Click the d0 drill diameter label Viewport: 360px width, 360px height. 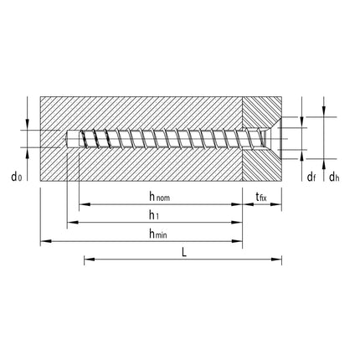[x=15, y=177]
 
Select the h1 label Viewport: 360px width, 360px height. [x=154, y=215]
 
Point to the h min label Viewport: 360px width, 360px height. [x=157, y=234]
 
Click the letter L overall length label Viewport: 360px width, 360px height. [x=183, y=252]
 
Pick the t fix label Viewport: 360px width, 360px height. [x=261, y=197]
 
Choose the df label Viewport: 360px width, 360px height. [x=311, y=177]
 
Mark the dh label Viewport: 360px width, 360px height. [x=333, y=177]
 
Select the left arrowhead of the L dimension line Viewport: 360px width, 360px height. [x=87, y=260]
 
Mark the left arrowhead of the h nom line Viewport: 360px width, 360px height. [x=82, y=205]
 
